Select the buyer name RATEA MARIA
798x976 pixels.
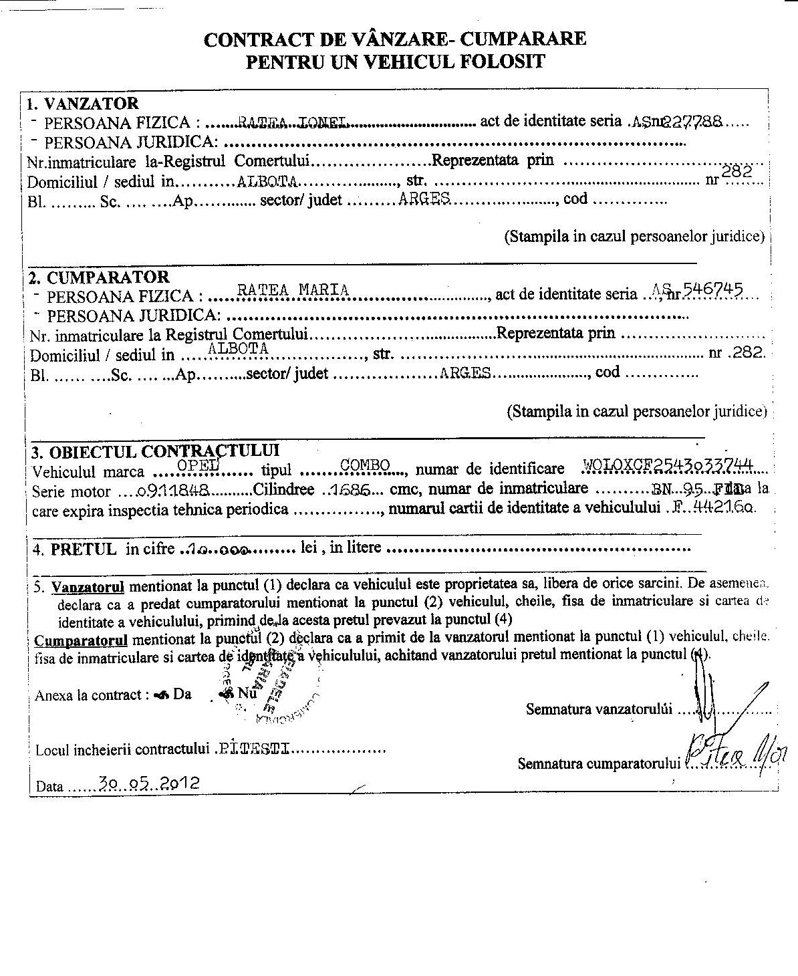tap(293, 290)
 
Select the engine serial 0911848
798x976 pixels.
tap(173, 490)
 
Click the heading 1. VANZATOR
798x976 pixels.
tap(82, 104)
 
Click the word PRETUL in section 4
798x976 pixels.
tap(84, 550)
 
